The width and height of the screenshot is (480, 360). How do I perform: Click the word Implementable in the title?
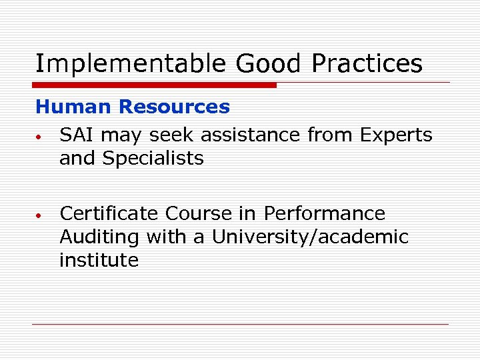131,64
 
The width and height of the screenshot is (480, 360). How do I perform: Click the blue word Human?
74,107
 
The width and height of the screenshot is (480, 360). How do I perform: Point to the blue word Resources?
175,107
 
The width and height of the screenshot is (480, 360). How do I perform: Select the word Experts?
396,135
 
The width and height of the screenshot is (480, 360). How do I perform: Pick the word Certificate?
109,213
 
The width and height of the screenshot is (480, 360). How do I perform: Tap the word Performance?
325,213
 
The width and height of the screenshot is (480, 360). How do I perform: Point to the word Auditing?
99,237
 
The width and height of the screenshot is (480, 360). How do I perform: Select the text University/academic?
310,237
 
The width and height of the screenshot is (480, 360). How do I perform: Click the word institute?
99,260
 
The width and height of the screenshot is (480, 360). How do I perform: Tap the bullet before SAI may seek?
40,137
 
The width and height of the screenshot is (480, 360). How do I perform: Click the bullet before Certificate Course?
40,216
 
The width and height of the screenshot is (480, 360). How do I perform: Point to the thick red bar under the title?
155,85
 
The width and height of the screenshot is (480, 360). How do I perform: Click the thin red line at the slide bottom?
240,324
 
